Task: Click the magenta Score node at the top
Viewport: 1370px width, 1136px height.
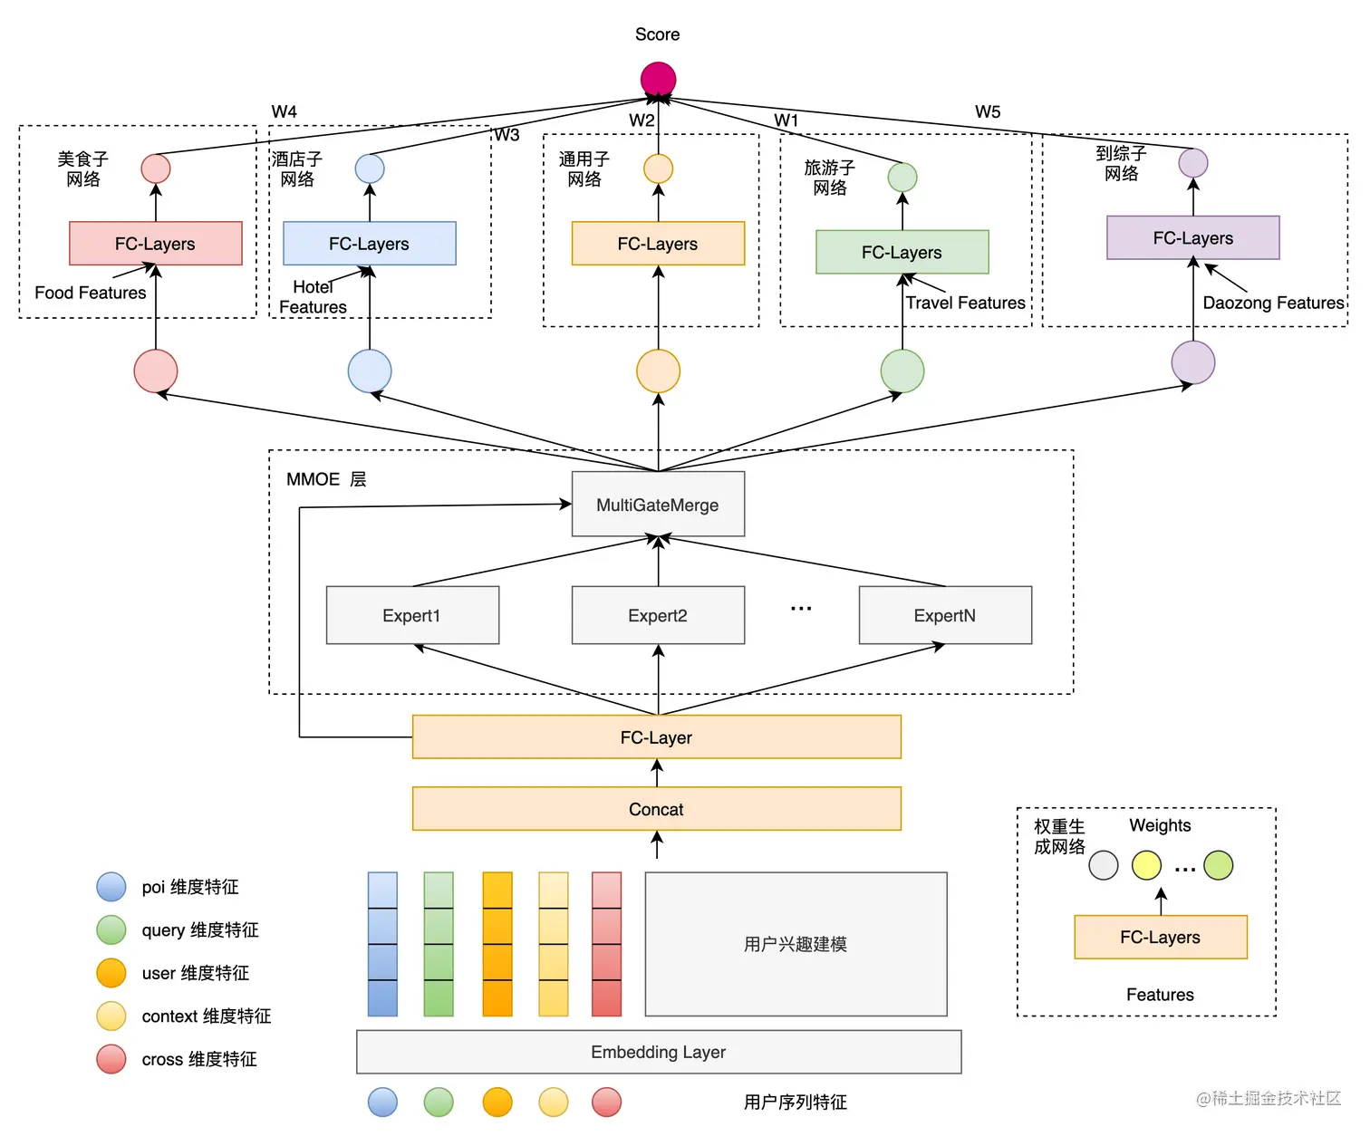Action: [x=658, y=79]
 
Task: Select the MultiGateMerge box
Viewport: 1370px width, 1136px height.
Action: [x=658, y=505]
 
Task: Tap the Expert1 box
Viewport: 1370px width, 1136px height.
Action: [x=412, y=615]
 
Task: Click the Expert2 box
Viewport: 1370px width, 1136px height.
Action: [x=658, y=615]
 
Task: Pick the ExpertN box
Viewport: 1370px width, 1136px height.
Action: [x=945, y=615]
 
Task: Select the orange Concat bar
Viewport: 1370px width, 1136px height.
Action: [x=657, y=809]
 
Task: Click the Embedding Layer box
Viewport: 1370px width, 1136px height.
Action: [x=659, y=1052]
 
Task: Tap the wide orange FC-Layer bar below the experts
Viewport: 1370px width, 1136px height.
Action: [x=657, y=737]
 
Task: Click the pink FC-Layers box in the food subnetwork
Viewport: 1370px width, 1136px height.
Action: [x=155, y=244]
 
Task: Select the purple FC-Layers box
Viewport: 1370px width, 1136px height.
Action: [x=1192, y=238]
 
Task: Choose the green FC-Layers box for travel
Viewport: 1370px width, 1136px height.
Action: [x=902, y=253]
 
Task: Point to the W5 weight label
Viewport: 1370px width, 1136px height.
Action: [x=988, y=112]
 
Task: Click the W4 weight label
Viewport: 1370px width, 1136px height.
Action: [x=284, y=111]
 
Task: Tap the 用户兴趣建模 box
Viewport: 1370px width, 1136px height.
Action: [x=796, y=944]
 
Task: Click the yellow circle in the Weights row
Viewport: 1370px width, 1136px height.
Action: [x=1146, y=865]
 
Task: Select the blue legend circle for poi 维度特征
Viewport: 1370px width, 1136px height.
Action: [x=111, y=887]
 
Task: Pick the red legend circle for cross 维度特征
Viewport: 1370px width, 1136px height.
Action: [x=111, y=1059]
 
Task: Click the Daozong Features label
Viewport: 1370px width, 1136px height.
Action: [x=1273, y=303]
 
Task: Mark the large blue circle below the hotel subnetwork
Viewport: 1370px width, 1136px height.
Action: [x=370, y=371]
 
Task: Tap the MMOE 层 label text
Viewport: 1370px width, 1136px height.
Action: [x=326, y=479]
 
